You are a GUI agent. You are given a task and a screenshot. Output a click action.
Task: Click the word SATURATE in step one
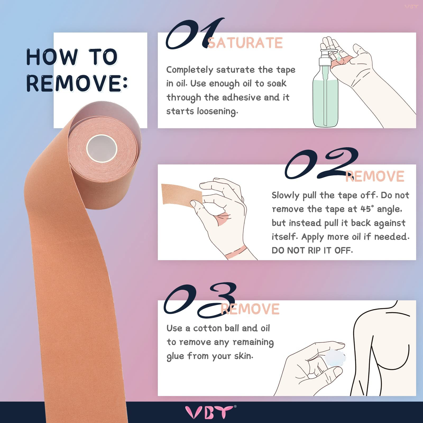click(245, 43)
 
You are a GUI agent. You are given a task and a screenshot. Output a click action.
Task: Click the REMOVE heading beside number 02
click(375, 177)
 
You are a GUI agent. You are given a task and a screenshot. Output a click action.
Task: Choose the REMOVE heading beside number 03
click(250, 309)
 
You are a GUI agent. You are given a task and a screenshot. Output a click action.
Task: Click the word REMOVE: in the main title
click(77, 83)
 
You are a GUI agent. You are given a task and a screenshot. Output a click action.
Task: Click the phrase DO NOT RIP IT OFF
click(312, 250)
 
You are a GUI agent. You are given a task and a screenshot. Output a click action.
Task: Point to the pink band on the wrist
click(236, 252)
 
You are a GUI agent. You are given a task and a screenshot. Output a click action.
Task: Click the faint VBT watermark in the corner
click(411, 6)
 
